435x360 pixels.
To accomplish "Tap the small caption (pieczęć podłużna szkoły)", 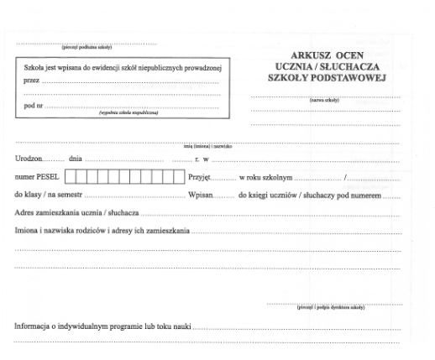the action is tap(86, 47).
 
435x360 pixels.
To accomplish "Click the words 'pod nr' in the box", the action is tap(29, 107).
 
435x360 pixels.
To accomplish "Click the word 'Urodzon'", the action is tap(31, 159).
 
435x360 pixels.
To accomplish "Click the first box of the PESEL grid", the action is tap(71, 176).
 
